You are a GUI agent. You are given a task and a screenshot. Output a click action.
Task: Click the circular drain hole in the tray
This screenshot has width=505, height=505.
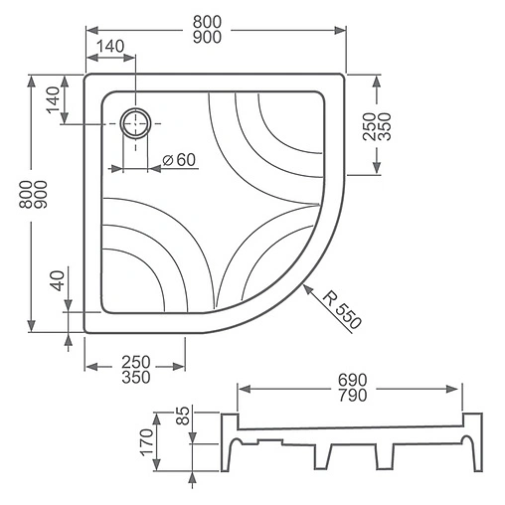[x=135, y=123]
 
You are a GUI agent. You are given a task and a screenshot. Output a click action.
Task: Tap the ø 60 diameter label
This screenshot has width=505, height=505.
[x=179, y=160]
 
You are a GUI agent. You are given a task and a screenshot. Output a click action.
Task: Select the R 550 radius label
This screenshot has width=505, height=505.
[x=342, y=310]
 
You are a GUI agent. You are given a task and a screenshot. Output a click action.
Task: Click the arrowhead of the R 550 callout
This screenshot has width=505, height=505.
[x=308, y=289]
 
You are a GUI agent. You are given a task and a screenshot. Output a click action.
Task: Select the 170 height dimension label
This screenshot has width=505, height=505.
[x=147, y=442]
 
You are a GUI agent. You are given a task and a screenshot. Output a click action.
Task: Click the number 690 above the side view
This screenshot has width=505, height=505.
[x=353, y=380]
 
